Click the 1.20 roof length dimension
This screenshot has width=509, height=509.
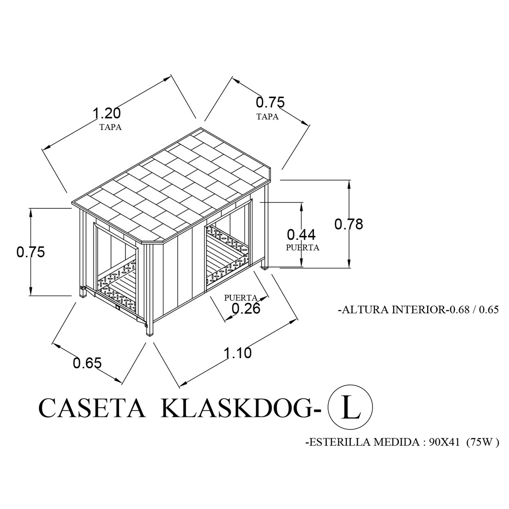click(107, 113)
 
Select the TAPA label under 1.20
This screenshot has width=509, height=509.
click(111, 127)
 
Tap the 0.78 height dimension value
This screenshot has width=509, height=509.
click(348, 224)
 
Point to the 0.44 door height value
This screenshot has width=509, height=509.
click(301, 235)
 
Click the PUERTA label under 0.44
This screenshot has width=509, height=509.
click(303, 248)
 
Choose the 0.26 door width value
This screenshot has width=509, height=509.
click(246, 308)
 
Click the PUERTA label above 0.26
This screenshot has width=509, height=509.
click(241, 298)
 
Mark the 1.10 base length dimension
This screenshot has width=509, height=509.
click(238, 353)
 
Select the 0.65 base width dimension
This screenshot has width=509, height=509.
click(87, 363)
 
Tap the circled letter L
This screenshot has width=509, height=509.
click(351, 407)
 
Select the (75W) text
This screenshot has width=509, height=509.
click(482, 442)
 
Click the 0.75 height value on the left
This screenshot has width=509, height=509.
click(31, 252)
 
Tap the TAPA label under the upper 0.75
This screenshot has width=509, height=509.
click(267, 117)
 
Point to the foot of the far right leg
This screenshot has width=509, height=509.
click(265, 268)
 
